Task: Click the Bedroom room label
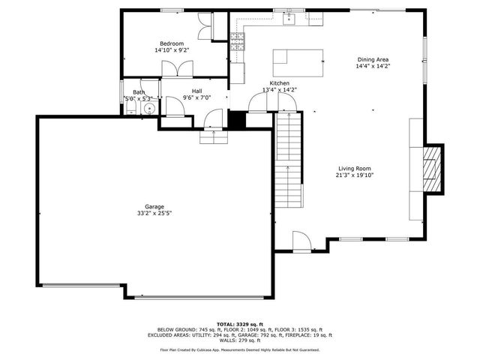click(x=171, y=43)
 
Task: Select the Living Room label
click(x=354, y=169)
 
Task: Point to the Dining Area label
click(x=372, y=59)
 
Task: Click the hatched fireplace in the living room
click(x=433, y=169)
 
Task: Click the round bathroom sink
click(x=149, y=109)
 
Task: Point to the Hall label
click(x=196, y=91)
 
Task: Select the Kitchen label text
click(x=280, y=83)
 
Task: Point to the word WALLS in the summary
click(x=227, y=340)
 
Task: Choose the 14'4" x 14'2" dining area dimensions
click(x=373, y=66)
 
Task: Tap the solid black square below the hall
click(x=238, y=121)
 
